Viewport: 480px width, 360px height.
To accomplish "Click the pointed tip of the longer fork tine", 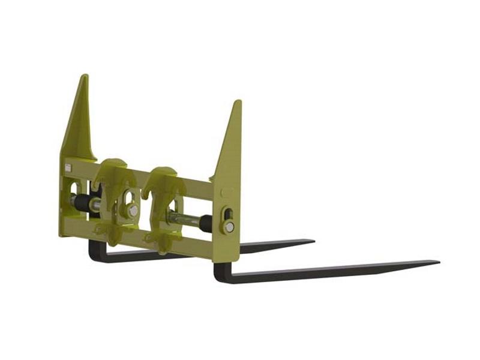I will [x=437, y=262].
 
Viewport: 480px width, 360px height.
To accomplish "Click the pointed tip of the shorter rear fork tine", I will [x=313, y=241].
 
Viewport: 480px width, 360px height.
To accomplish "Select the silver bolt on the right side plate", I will [x=229, y=227].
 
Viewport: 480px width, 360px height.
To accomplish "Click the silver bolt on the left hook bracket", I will [x=133, y=211].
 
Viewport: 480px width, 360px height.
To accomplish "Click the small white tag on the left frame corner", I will [x=68, y=168].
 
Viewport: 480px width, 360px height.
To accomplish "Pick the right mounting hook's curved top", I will [x=163, y=171].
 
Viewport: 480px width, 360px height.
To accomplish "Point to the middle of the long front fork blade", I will [x=330, y=271].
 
